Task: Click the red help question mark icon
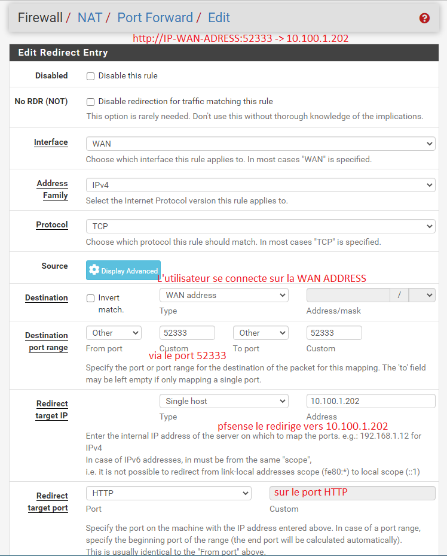424,18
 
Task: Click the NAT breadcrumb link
90,18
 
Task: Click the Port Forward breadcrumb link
155,18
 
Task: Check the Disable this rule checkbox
91,76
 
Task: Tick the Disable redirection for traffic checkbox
91,102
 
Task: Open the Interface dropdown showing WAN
260,144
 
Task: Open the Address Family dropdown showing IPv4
260,185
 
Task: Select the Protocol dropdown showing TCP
260,226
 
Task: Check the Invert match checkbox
91,298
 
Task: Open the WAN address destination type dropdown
223,295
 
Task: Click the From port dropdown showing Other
114,333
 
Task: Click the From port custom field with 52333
186,333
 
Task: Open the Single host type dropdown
223,401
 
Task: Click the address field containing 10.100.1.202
371,401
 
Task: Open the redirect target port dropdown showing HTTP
169,493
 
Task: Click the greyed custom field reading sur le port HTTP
352,493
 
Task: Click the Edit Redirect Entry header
63,53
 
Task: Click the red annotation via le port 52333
187,356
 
